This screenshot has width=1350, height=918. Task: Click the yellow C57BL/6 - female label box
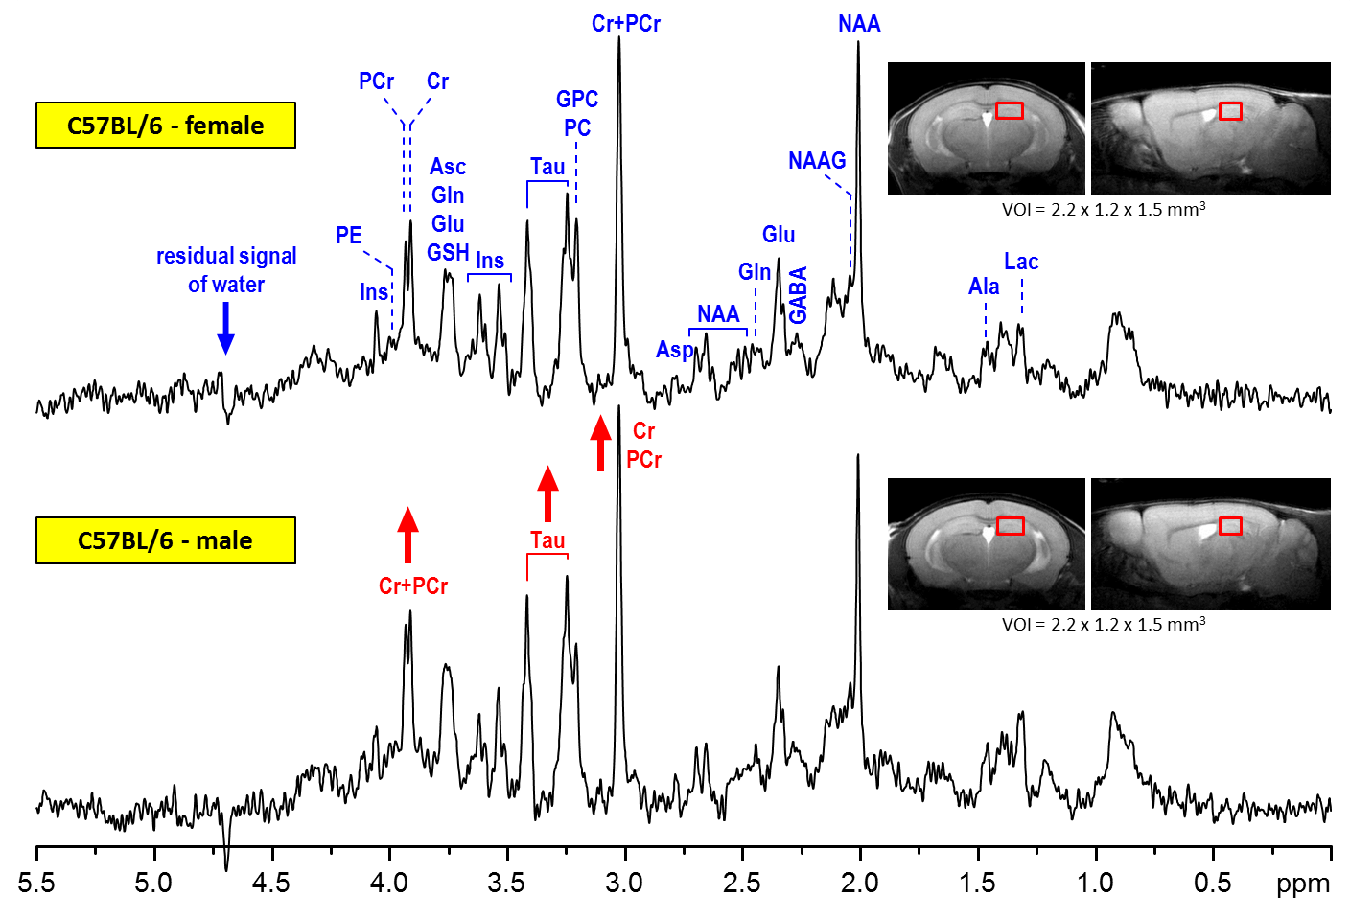(165, 126)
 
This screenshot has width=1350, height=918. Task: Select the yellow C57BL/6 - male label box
(165, 540)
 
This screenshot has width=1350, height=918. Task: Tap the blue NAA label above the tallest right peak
(859, 24)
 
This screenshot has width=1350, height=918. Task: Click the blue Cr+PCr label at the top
(626, 24)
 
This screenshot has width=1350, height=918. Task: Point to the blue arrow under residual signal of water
(226, 329)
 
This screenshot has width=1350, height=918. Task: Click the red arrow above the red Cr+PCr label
(407, 534)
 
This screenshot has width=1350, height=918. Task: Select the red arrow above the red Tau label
(547, 493)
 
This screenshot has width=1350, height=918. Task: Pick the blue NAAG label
(817, 161)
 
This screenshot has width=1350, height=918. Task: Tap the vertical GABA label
(798, 295)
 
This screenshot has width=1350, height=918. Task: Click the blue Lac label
(1021, 262)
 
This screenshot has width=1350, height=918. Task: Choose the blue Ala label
(984, 287)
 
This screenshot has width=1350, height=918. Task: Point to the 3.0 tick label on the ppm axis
(624, 883)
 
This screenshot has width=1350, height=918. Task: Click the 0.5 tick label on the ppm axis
(1213, 883)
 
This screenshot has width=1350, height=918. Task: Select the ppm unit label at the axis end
(1303, 884)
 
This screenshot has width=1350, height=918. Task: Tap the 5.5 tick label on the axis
(36, 883)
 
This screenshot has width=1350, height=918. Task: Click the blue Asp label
(674, 350)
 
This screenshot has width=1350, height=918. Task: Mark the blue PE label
(349, 236)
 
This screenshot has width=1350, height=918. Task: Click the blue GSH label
(448, 253)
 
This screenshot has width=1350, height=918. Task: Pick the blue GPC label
(577, 100)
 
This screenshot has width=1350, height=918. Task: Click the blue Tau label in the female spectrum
(547, 167)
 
